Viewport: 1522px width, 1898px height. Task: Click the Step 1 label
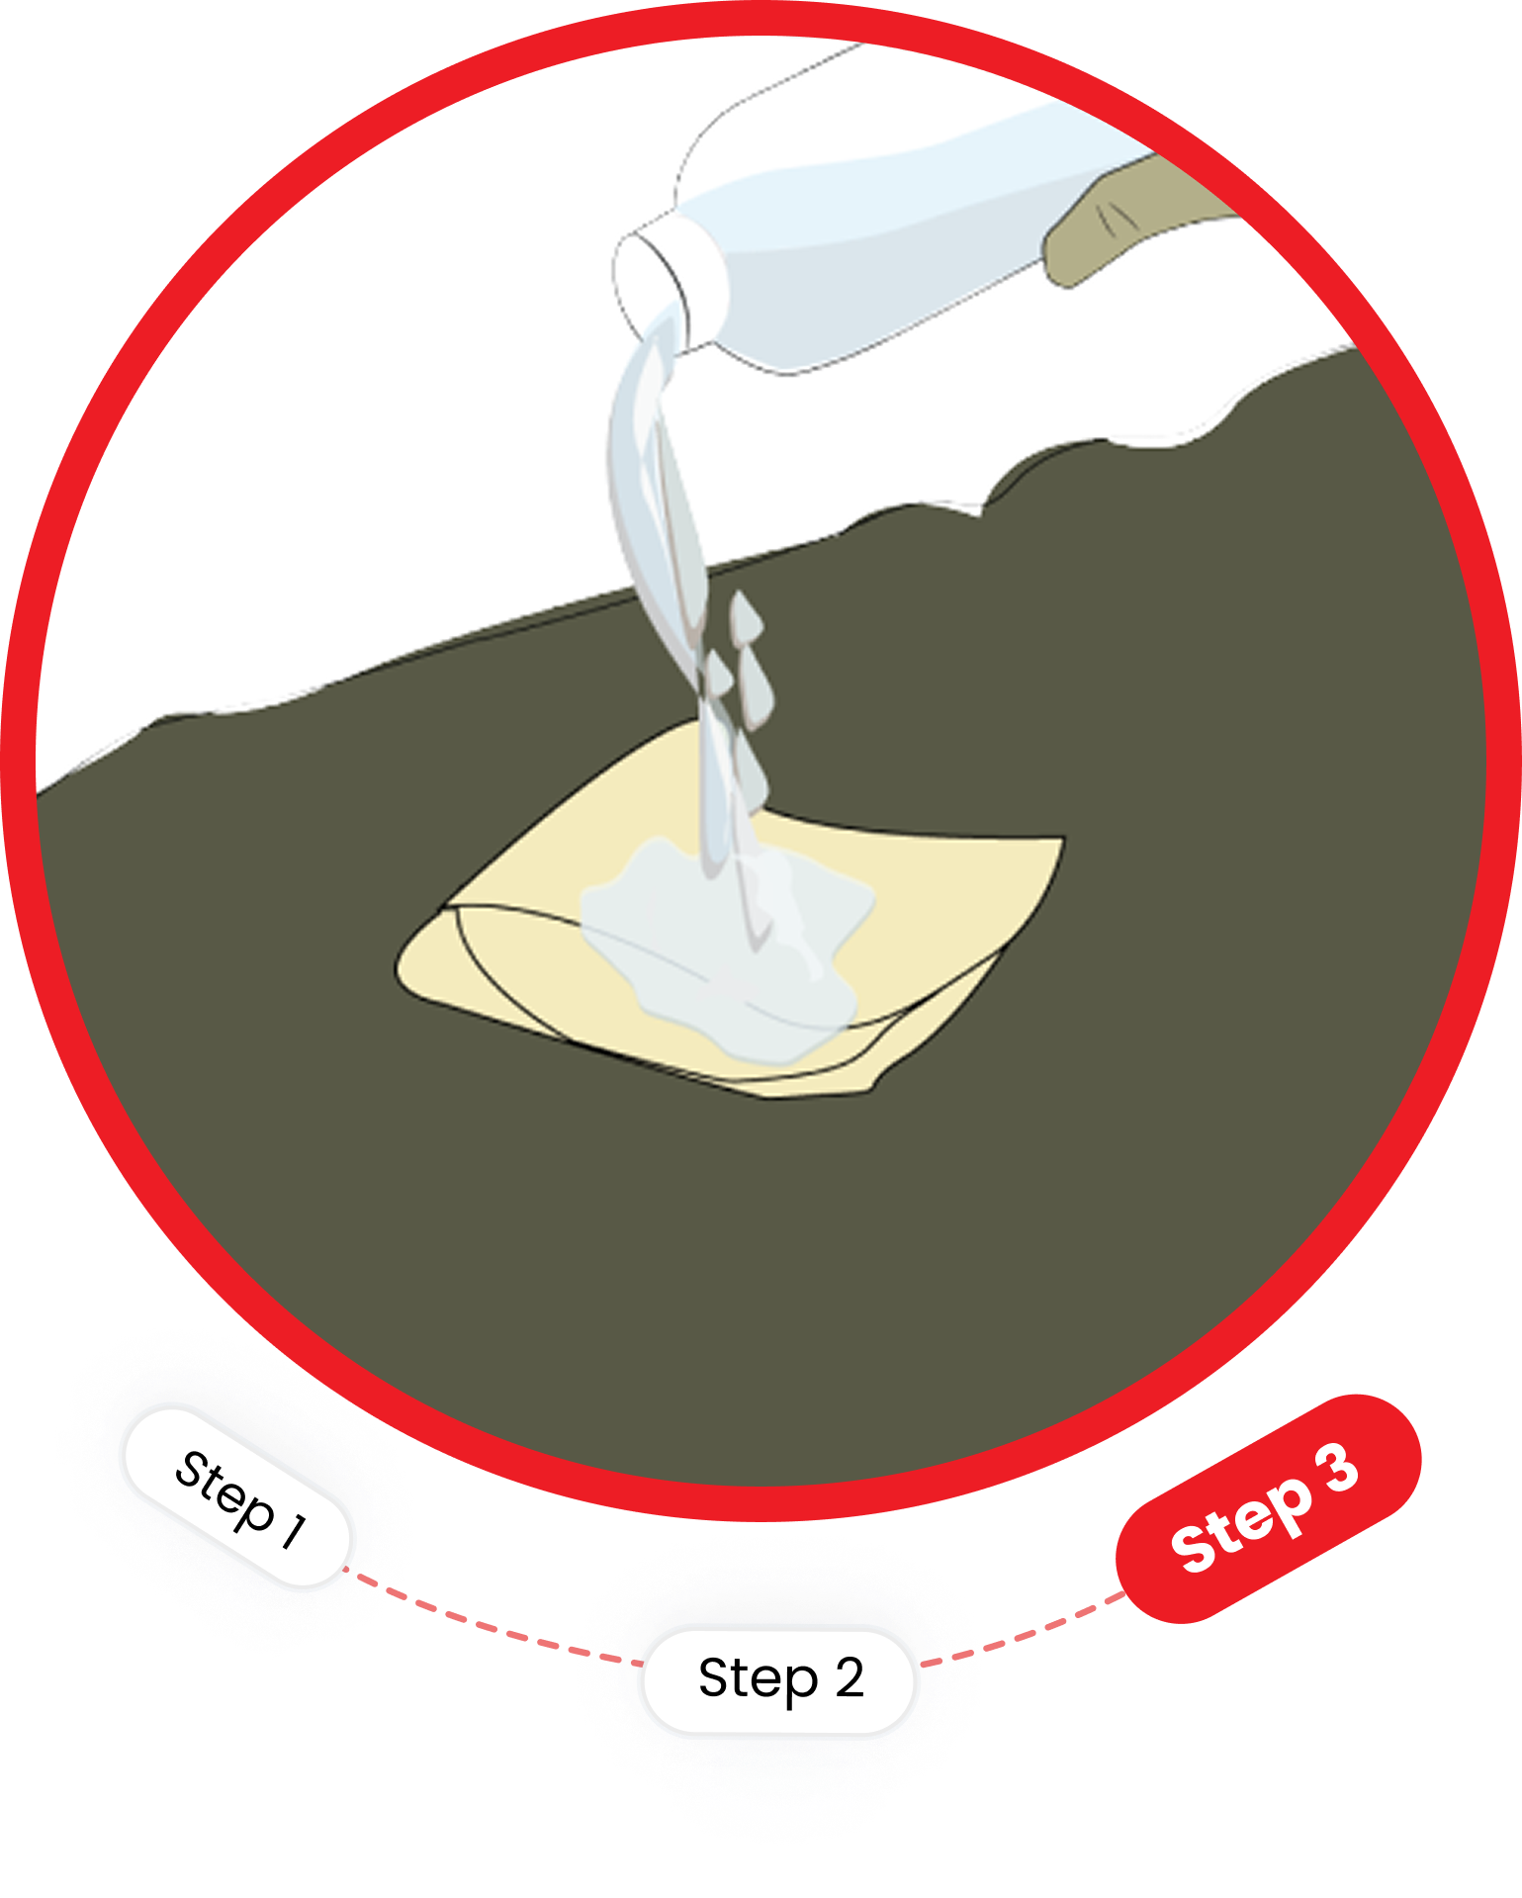pos(237,1497)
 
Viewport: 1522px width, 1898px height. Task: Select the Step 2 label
pos(779,1680)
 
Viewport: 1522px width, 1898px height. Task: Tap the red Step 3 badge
pos(1268,1509)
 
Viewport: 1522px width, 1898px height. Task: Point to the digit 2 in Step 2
pos(849,1677)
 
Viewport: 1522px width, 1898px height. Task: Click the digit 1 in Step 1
pos(294,1530)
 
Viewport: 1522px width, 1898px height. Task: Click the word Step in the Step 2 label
pos(758,1679)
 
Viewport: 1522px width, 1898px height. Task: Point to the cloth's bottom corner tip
pos(871,1088)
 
